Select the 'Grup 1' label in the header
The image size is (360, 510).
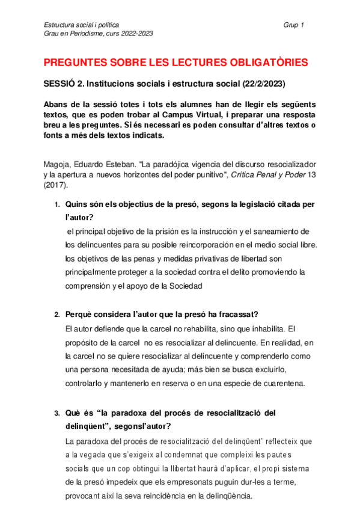coord(293,25)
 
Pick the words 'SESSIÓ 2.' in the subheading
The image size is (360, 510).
coord(63,83)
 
